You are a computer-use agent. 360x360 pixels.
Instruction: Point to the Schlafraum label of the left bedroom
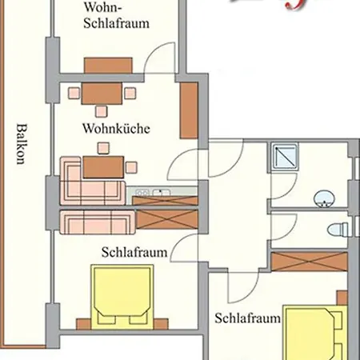pyautogui.click(x=134, y=252)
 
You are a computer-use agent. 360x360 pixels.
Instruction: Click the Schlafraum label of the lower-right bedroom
pyautogui.click(x=248, y=318)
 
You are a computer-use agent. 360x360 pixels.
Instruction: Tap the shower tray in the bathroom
pyautogui.click(x=284, y=157)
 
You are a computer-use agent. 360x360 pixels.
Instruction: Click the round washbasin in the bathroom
pyautogui.click(x=325, y=198)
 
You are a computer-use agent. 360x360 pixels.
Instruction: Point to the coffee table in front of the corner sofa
pyautogui.click(x=104, y=166)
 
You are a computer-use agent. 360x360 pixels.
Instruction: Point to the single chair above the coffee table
pyautogui.click(x=102, y=147)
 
